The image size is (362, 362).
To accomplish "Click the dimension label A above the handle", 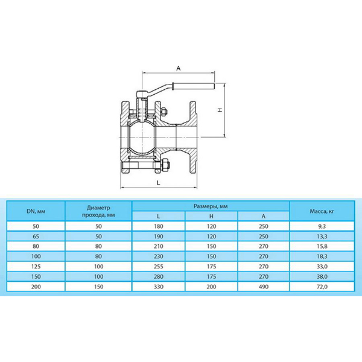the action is coord(179,68).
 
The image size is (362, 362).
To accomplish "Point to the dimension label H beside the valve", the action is coord(220,110).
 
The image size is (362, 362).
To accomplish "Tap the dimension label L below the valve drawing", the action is coord(158,183).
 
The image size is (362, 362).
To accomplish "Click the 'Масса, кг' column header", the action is coord(322,211).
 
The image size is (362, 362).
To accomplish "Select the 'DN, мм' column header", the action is coord(36,211).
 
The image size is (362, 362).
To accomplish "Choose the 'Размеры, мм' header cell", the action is coord(211,206).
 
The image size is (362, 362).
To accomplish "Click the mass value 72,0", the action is coord(322,287).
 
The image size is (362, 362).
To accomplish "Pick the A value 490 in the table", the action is coord(264,287).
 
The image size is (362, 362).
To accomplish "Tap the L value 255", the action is coord(158,267).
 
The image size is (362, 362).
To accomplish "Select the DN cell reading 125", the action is coord(36,267).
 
